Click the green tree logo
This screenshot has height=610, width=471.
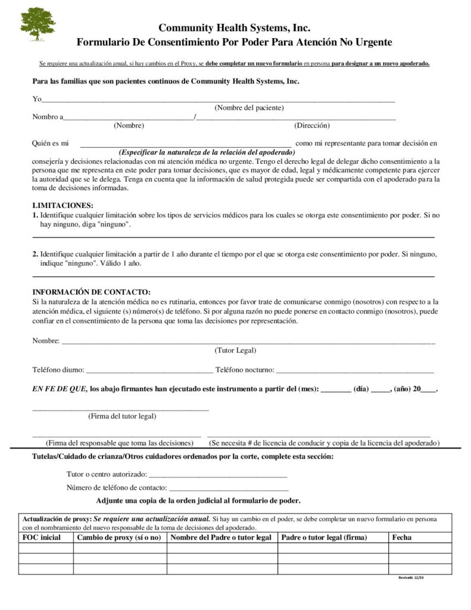point(38,23)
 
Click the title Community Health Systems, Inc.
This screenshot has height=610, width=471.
point(235,27)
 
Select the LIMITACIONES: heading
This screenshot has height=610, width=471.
point(63,205)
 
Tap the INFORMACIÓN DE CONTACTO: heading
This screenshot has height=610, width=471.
point(91,292)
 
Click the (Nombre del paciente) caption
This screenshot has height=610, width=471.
point(249,108)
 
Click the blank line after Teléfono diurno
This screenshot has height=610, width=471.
point(149,371)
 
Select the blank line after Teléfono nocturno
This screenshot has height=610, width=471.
point(355,371)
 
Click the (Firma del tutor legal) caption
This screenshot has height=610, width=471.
point(122,416)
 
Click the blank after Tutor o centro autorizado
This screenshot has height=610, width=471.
point(217,475)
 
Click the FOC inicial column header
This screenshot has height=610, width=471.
point(42,537)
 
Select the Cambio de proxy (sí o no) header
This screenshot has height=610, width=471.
point(119,537)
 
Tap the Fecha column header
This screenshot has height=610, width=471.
point(401,537)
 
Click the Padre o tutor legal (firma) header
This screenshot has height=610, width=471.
point(324,537)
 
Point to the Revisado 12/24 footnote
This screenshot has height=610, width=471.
point(411,578)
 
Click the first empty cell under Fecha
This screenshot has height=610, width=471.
point(420,548)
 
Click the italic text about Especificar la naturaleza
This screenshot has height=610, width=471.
point(207,152)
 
